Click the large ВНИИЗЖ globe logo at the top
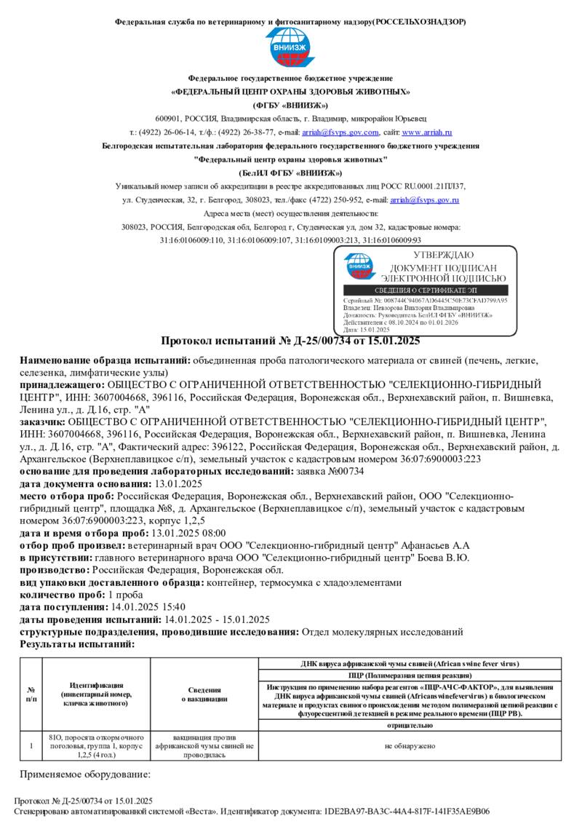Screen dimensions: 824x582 click(x=291, y=49)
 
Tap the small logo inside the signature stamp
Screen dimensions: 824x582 click(x=359, y=266)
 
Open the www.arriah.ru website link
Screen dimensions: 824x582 click(x=427, y=132)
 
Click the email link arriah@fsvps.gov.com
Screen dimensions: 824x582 click(x=340, y=132)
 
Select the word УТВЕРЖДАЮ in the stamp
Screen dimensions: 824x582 click(x=443, y=255)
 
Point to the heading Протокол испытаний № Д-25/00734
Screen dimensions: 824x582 click(x=290, y=341)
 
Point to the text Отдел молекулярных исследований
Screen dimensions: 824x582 click(x=382, y=632)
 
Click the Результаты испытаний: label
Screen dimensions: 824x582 click(x=77, y=644)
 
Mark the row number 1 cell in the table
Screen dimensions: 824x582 click(x=31, y=745)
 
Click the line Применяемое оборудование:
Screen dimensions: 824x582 click(x=84, y=775)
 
